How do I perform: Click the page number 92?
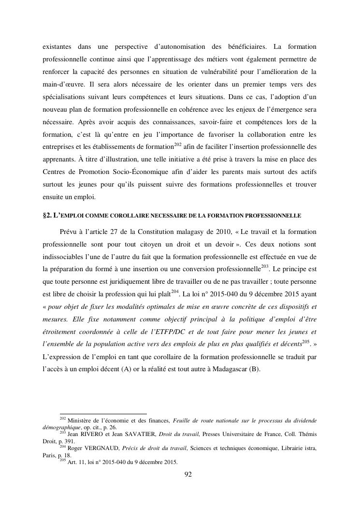[x=188, y=474]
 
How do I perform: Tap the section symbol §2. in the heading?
[x=48, y=215]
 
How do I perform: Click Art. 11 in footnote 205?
[x=76, y=462]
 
